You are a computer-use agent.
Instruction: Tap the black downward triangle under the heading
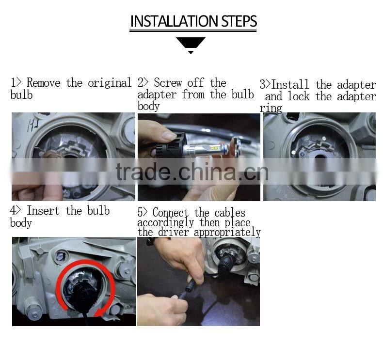(191, 43)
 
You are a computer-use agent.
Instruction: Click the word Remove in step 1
(44, 83)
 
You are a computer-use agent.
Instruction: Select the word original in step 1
(110, 83)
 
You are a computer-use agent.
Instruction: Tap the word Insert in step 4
(44, 211)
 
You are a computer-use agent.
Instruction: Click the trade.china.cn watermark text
(192, 172)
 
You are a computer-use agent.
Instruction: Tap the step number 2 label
(141, 83)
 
